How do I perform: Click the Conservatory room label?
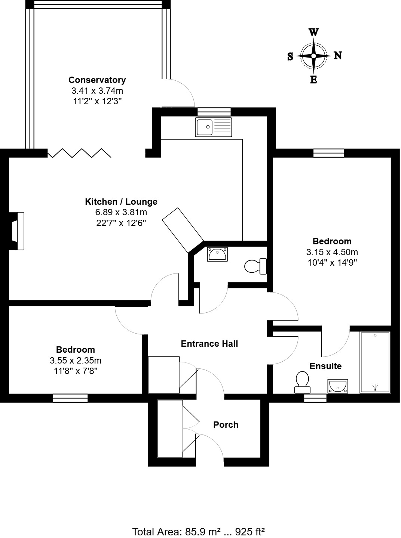coord(97,80)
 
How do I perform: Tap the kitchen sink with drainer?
coord(213,127)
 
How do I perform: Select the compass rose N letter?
coord(337,55)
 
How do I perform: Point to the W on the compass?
coord(313,32)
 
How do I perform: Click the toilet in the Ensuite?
coord(302,382)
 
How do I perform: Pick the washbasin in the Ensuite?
coord(338,386)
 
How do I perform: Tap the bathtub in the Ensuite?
coord(375,362)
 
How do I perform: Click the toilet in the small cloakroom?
coord(255,266)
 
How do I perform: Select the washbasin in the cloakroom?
coord(217,254)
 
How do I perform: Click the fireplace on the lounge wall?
coord(17,231)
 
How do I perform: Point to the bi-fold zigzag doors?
coord(80,153)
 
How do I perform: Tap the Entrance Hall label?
coord(209,344)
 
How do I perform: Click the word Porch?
coord(226,425)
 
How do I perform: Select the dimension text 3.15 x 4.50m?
coord(332,252)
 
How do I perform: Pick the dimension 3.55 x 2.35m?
coord(75,361)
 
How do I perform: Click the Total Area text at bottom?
coord(199,531)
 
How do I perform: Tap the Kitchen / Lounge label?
coord(121,202)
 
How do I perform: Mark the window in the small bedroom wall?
coord(70,398)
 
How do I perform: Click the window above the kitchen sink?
coord(214,112)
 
